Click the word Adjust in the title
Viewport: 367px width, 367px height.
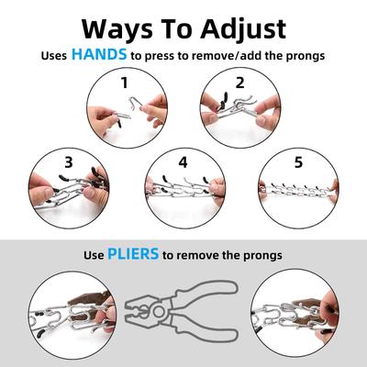click(x=243, y=30)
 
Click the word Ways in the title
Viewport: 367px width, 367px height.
click(x=117, y=29)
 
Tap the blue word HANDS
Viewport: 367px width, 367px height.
click(x=99, y=54)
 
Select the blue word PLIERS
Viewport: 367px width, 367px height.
click(x=133, y=253)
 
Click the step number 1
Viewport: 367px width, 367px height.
click(x=124, y=83)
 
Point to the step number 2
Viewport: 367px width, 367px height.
click(x=240, y=83)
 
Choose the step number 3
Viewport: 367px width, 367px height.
click(x=69, y=162)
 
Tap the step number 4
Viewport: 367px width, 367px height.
click(x=183, y=162)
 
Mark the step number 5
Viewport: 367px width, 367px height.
click(x=298, y=162)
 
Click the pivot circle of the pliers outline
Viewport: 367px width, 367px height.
click(x=159, y=312)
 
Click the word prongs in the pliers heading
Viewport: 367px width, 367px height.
click(x=262, y=255)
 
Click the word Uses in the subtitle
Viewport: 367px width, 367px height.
click(x=54, y=56)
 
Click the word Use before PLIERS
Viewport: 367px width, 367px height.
click(x=94, y=255)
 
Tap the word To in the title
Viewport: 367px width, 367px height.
click(x=176, y=29)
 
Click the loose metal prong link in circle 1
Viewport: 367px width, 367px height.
click(x=135, y=104)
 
